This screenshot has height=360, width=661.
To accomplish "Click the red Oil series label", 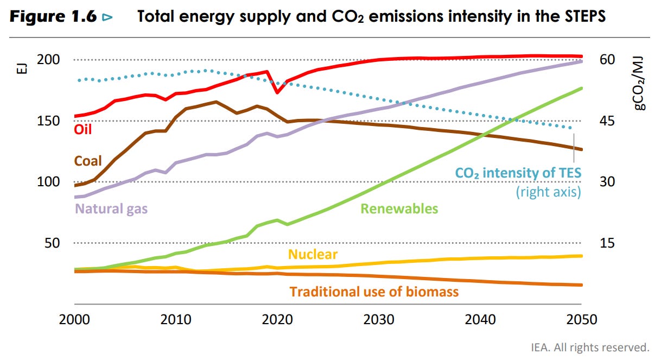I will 83,129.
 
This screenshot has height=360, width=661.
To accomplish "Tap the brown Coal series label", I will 88,161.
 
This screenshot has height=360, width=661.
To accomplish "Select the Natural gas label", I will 111,208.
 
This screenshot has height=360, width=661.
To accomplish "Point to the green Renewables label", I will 399,209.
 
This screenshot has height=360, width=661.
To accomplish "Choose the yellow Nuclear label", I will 313,254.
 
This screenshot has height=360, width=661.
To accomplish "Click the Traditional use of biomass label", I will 374,292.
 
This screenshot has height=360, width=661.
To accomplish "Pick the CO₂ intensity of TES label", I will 518,173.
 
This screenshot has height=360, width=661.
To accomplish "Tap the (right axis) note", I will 548,192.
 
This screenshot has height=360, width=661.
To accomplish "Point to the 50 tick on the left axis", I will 51,243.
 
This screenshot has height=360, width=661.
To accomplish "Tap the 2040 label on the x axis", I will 481,319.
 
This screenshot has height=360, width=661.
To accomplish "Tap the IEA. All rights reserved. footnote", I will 590,346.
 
